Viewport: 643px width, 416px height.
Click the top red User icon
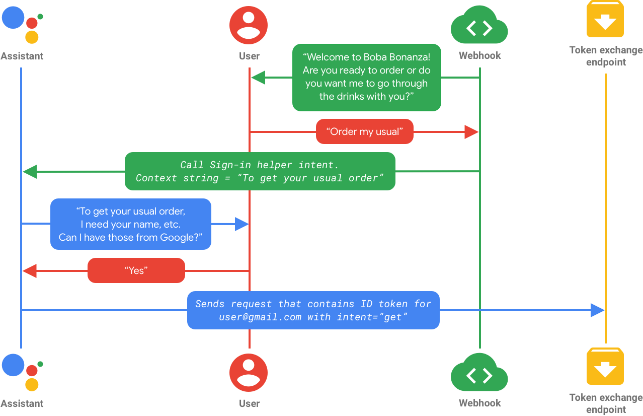249,25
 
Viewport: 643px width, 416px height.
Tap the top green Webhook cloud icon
479,28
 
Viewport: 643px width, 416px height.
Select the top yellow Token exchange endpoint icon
605,19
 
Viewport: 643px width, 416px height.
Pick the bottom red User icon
249,373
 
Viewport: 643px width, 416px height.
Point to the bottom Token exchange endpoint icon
605,367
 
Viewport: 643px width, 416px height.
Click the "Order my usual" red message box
365,132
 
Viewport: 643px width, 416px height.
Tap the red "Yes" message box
136,270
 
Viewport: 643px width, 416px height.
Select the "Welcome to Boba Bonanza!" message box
366,77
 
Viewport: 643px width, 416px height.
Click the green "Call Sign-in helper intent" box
260,171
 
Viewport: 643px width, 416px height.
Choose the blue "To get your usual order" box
130,224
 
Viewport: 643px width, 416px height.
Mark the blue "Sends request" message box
313,310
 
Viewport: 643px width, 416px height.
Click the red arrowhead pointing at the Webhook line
472,132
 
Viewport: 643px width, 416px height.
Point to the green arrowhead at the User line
258,78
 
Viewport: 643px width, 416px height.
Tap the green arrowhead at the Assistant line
30,172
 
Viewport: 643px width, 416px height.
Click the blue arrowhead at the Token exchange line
597,310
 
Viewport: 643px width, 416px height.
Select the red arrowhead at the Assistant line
30,270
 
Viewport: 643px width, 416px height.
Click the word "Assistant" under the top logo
22,56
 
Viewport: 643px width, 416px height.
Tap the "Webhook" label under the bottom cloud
479,403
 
